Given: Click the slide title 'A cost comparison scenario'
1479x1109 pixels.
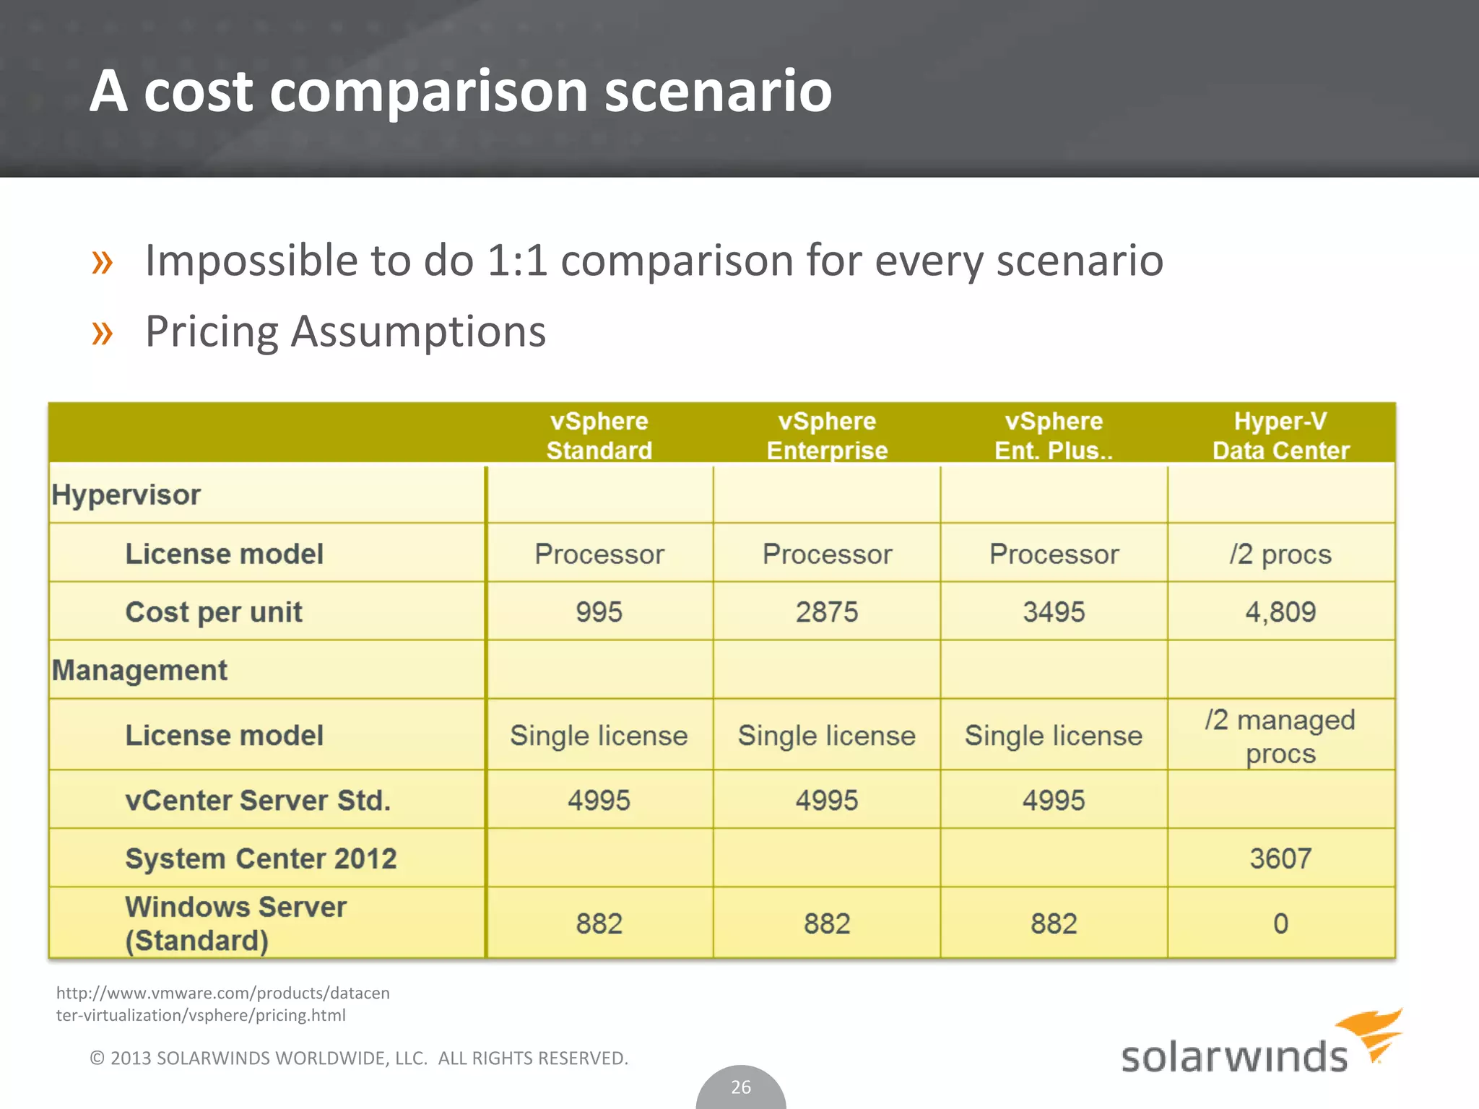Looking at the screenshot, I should [x=461, y=91].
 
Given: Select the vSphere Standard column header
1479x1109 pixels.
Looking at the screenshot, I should [x=599, y=435].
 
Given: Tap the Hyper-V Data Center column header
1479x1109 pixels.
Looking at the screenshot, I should [x=1280, y=435].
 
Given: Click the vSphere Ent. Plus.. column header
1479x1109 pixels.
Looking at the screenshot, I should [x=1054, y=435].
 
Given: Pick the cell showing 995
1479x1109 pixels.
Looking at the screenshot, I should [x=599, y=612].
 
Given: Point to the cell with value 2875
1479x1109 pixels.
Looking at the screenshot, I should [x=827, y=612].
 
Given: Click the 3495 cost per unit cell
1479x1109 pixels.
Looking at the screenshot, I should [x=1054, y=612].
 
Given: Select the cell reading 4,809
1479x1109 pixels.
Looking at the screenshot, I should [x=1280, y=612].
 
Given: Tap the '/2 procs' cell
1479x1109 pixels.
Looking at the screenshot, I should [x=1280, y=554].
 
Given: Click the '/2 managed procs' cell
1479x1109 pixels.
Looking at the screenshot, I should [x=1280, y=736].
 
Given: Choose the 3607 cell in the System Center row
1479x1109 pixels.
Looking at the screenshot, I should [x=1280, y=858].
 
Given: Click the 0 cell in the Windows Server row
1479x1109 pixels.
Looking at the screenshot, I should [x=1280, y=923].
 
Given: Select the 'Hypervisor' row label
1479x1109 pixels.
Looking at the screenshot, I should [x=126, y=495].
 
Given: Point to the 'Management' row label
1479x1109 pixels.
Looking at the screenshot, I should [x=139, y=670].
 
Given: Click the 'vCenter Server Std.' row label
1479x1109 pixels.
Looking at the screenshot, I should [x=258, y=800].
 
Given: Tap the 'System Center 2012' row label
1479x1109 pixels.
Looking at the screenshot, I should [x=261, y=858].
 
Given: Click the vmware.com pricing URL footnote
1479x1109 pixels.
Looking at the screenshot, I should [x=222, y=1004].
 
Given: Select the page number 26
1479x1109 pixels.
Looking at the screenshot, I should [x=741, y=1087].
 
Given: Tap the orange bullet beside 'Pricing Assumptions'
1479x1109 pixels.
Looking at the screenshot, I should [x=103, y=333].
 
